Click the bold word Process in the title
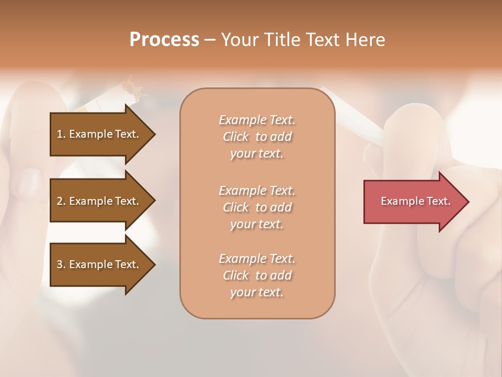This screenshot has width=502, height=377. [164, 40]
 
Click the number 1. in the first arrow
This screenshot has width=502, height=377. [61, 134]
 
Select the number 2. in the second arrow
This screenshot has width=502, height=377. [61, 201]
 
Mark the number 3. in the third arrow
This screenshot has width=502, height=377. [61, 264]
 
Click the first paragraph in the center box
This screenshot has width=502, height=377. [257, 137]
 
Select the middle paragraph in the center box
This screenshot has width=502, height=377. [257, 207]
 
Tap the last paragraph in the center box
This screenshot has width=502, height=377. [257, 275]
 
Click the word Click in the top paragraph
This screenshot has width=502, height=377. [236, 137]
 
